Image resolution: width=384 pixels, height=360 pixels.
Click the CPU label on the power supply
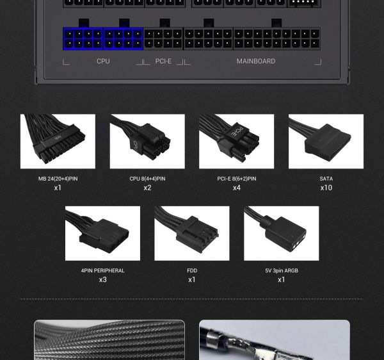tap(103, 61)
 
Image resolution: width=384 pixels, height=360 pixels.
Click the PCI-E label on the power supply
tap(163, 61)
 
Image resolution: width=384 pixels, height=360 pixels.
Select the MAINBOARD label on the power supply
tap(255, 61)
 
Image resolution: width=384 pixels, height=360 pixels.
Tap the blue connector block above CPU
tap(103, 38)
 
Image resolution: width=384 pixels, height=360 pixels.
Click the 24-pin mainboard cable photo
tap(58, 142)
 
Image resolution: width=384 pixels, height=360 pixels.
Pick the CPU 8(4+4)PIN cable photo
tap(147, 142)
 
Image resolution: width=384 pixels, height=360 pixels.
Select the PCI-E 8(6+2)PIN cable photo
tap(236, 142)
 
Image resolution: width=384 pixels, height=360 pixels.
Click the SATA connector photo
tap(326, 142)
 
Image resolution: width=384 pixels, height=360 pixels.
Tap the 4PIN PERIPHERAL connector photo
tap(102, 233)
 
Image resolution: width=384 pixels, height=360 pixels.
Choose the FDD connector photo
tap(192, 233)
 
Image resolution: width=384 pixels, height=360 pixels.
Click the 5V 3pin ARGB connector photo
tap(281, 233)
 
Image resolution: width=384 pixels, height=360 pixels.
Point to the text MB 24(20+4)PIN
tap(58, 179)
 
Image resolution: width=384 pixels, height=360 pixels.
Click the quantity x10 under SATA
tap(326, 188)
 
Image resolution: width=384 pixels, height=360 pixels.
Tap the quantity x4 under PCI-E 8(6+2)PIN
tap(236, 188)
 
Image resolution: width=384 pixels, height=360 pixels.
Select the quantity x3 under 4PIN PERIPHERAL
tap(102, 279)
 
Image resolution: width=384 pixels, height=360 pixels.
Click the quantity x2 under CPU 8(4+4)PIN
tap(147, 188)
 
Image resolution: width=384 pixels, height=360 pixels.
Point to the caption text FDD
tap(192, 270)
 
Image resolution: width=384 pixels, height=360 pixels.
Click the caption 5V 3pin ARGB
tap(281, 270)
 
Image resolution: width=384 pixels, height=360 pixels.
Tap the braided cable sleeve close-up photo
tap(109, 340)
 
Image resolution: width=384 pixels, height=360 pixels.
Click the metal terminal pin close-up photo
tap(275, 340)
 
